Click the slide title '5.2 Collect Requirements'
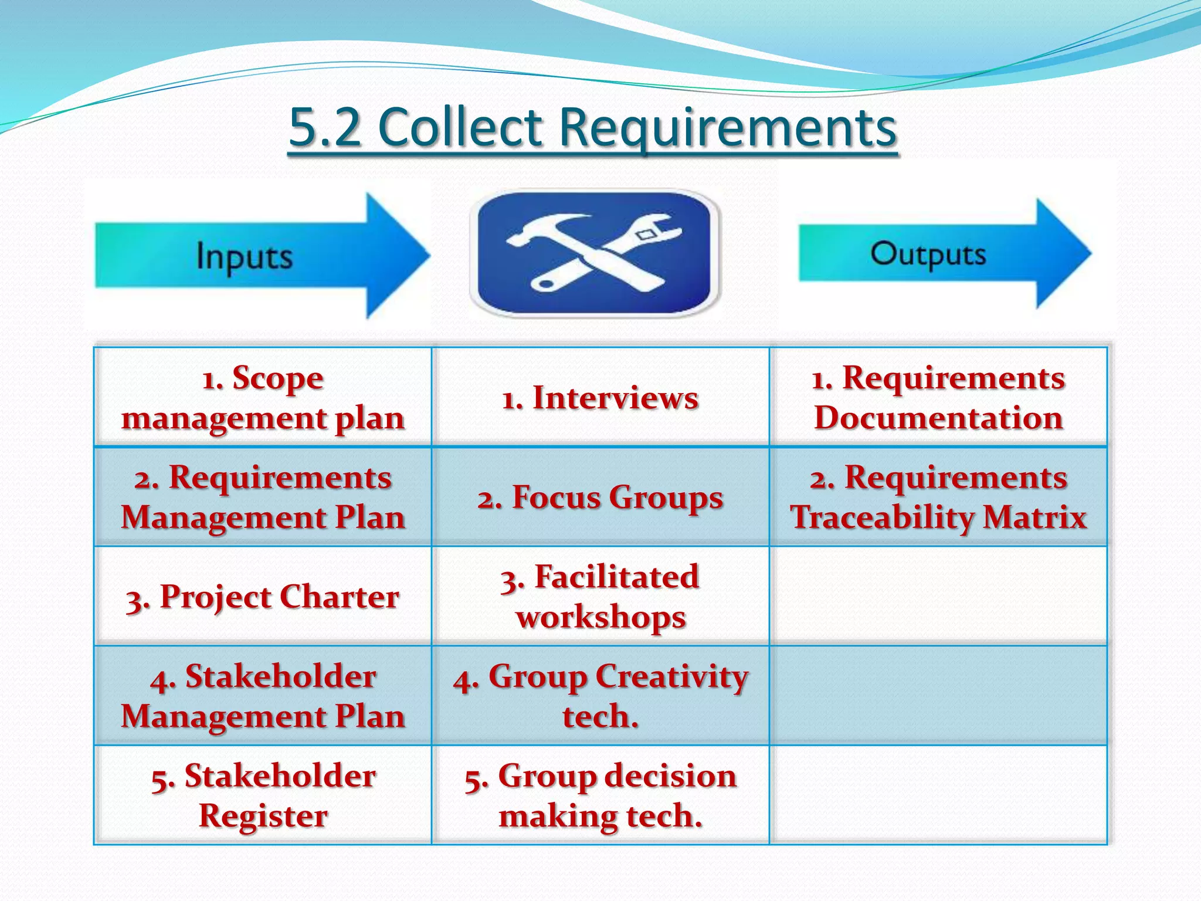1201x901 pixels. pos(592,128)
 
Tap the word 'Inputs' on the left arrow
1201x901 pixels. pos(244,257)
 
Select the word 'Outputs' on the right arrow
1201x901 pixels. pos(928,255)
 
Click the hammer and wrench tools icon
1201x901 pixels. pos(595,253)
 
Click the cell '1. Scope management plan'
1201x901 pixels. pos(263,398)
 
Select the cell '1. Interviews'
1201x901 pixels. pos(600,398)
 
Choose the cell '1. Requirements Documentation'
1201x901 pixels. pos(938,398)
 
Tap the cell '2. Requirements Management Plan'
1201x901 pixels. pos(263,497)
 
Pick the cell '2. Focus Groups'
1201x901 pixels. pos(600,497)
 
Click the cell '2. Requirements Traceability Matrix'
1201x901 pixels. pos(938,497)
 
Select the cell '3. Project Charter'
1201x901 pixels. pos(263,597)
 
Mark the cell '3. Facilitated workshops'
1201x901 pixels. pos(600,597)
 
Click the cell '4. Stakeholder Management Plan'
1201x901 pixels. pos(263,696)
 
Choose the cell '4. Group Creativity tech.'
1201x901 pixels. pos(600,696)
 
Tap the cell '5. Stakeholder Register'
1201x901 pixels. pos(263,795)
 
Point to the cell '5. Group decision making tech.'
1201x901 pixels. pos(600,795)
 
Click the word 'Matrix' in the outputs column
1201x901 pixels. pos(1035,518)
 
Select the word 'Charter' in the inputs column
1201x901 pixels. pos(339,597)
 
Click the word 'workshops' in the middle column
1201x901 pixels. pos(600,618)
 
